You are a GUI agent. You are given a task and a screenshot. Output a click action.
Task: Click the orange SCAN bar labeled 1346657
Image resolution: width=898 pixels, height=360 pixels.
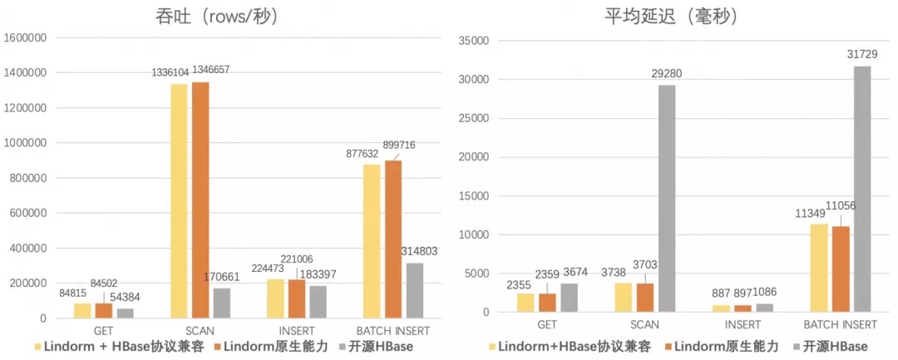(x=201, y=200)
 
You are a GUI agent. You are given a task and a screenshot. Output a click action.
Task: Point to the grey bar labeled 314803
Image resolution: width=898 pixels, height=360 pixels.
(x=415, y=290)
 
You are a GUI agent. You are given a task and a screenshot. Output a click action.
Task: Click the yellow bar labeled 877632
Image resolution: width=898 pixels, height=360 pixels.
(x=372, y=241)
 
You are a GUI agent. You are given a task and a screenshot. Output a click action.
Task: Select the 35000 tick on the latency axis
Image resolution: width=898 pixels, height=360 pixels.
(x=474, y=41)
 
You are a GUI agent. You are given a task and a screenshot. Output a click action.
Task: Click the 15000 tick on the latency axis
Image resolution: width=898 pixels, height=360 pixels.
(x=474, y=196)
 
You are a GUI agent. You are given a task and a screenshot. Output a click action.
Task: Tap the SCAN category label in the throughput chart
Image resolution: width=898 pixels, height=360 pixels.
(x=200, y=330)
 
